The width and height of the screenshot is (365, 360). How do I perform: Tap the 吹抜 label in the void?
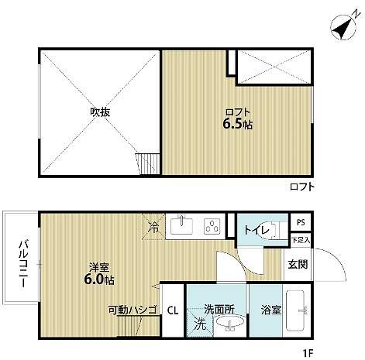(x=100, y=112)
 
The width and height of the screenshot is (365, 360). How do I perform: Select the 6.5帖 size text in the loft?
(x=237, y=125)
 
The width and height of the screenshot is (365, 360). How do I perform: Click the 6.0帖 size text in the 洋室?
(x=99, y=279)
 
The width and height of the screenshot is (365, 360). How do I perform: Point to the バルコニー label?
(x=22, y=263)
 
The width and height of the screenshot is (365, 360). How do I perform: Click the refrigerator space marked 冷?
(x=153, y=227)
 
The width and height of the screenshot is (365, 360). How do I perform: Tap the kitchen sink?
(x=182, y=225)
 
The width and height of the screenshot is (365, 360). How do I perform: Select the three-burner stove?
(x=212, y=226)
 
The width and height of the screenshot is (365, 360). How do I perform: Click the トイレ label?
(x=257, y=230)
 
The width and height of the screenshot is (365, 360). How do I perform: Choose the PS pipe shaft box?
(x=301, y=222)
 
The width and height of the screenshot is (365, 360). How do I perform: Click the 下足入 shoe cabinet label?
(x=301, y=240)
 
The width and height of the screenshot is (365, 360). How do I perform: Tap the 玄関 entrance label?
(x=298, y=264)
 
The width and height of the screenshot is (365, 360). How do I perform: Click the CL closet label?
(x=173, y=310)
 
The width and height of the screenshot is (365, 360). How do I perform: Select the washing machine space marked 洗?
(x=200, y=323)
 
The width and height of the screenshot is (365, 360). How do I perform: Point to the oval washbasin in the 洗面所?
(x=230, y=321)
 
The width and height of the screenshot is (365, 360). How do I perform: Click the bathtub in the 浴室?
(x=295, y=310)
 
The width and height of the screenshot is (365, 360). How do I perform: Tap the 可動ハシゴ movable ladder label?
(x=133, y=310)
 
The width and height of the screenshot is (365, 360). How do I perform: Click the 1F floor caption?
(x=308, y=352)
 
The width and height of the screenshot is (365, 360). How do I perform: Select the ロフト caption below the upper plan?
(x=302, y=187)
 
